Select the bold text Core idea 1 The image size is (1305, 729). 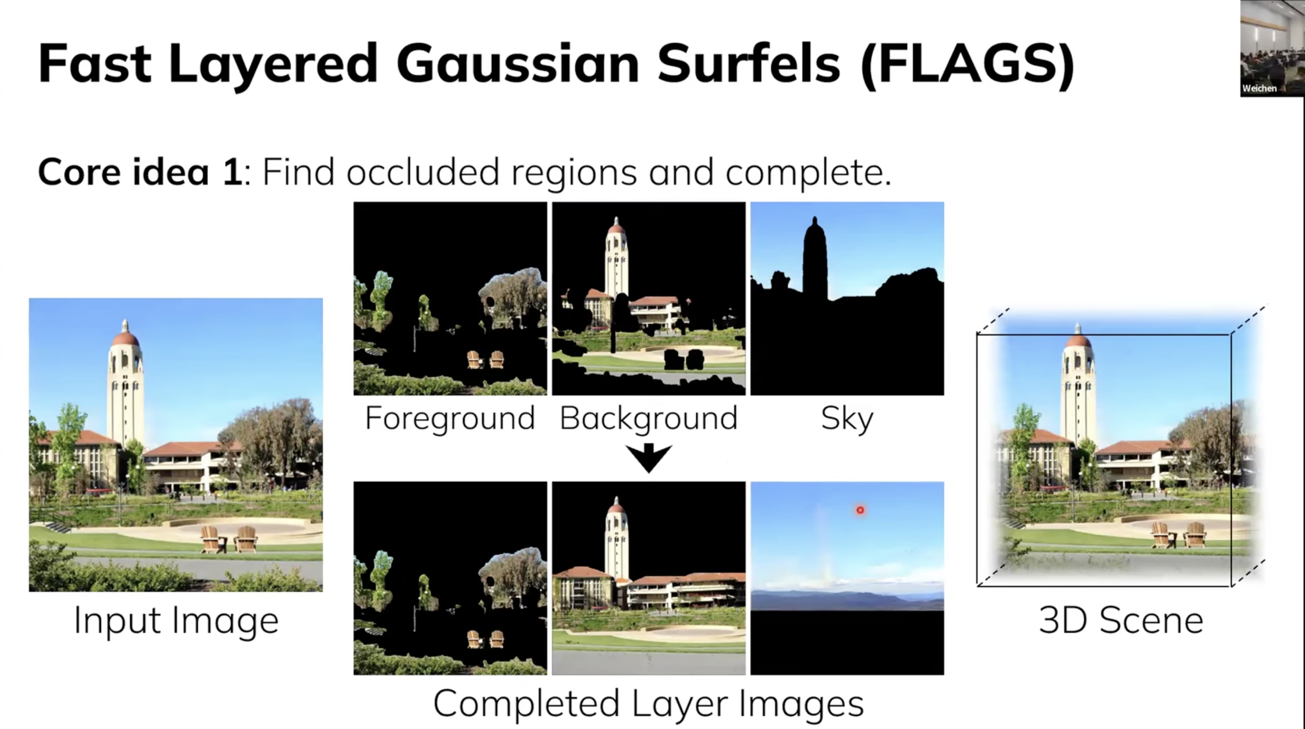coord(140,172)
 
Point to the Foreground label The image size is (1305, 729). coord(450,418)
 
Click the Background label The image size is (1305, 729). coord(648,418)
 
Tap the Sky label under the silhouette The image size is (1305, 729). coord(847,419)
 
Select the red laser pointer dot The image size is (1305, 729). coord(860,510)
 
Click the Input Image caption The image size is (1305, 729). coord(176,620)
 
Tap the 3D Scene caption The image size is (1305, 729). coord(1121,620)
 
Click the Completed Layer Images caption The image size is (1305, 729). coord(648,704)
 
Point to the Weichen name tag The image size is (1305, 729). coord(1259,88)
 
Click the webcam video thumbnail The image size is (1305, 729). coord(1272,48)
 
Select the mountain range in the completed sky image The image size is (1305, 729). coord(847,600)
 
